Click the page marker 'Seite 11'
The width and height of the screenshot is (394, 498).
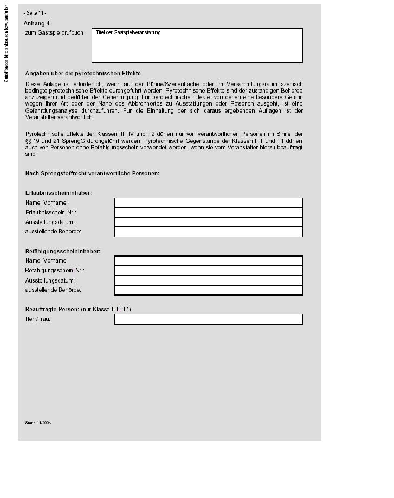[35, 12]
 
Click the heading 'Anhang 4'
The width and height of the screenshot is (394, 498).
[37, 23]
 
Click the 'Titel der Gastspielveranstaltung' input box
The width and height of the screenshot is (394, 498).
[197, 45]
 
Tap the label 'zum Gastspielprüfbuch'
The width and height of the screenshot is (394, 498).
[54, 33]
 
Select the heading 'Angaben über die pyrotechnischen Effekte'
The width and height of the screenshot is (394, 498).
[83, 73]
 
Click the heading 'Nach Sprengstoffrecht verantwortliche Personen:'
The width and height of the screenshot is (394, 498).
[92, 173]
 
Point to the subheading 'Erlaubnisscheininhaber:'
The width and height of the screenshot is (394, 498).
[59, 193]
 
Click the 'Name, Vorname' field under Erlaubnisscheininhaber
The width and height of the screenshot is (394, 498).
[208, 202]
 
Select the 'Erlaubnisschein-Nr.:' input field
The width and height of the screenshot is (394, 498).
[208, 212]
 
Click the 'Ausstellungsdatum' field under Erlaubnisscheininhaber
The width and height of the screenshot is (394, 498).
[208, 222]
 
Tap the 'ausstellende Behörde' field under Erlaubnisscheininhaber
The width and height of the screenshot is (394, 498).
[208, 232]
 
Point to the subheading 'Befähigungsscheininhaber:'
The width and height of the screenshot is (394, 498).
[63, 251]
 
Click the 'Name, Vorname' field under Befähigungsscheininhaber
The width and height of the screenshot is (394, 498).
[208, 260]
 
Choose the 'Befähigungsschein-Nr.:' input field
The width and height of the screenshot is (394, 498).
[208, 270]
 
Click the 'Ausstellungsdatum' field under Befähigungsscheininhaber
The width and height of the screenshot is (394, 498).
[208, 280]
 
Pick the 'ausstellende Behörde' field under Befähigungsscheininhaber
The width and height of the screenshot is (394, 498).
[208, 290]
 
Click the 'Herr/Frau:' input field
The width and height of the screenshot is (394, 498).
[208, 319]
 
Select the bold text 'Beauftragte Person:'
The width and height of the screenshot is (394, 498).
[52, 309]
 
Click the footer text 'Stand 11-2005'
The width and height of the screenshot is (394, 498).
[38, 423]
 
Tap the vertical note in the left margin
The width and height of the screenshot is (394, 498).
[6, 43]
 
